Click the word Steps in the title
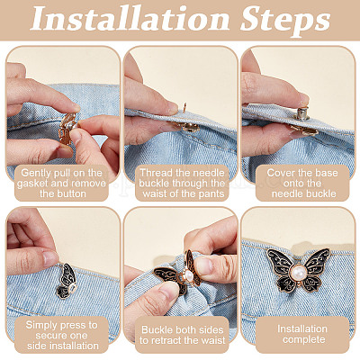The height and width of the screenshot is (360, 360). tap(285, 21)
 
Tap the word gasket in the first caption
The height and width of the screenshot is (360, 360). tap(31, 184)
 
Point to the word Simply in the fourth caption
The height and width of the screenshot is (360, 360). tap(41, 326)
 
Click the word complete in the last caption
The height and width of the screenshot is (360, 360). tap(304, 340)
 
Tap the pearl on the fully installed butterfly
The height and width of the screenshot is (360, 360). tap(298, 273)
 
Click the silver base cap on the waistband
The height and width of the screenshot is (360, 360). tap(301, 113)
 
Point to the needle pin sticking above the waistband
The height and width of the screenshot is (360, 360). tap(184, 108)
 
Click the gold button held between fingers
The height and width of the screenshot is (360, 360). tap(68, 127)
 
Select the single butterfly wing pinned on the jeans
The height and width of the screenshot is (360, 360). tap(67, 281)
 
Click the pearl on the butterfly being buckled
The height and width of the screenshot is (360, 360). tap(188, 275)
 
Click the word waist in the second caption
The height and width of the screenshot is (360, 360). tap(155, 193)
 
